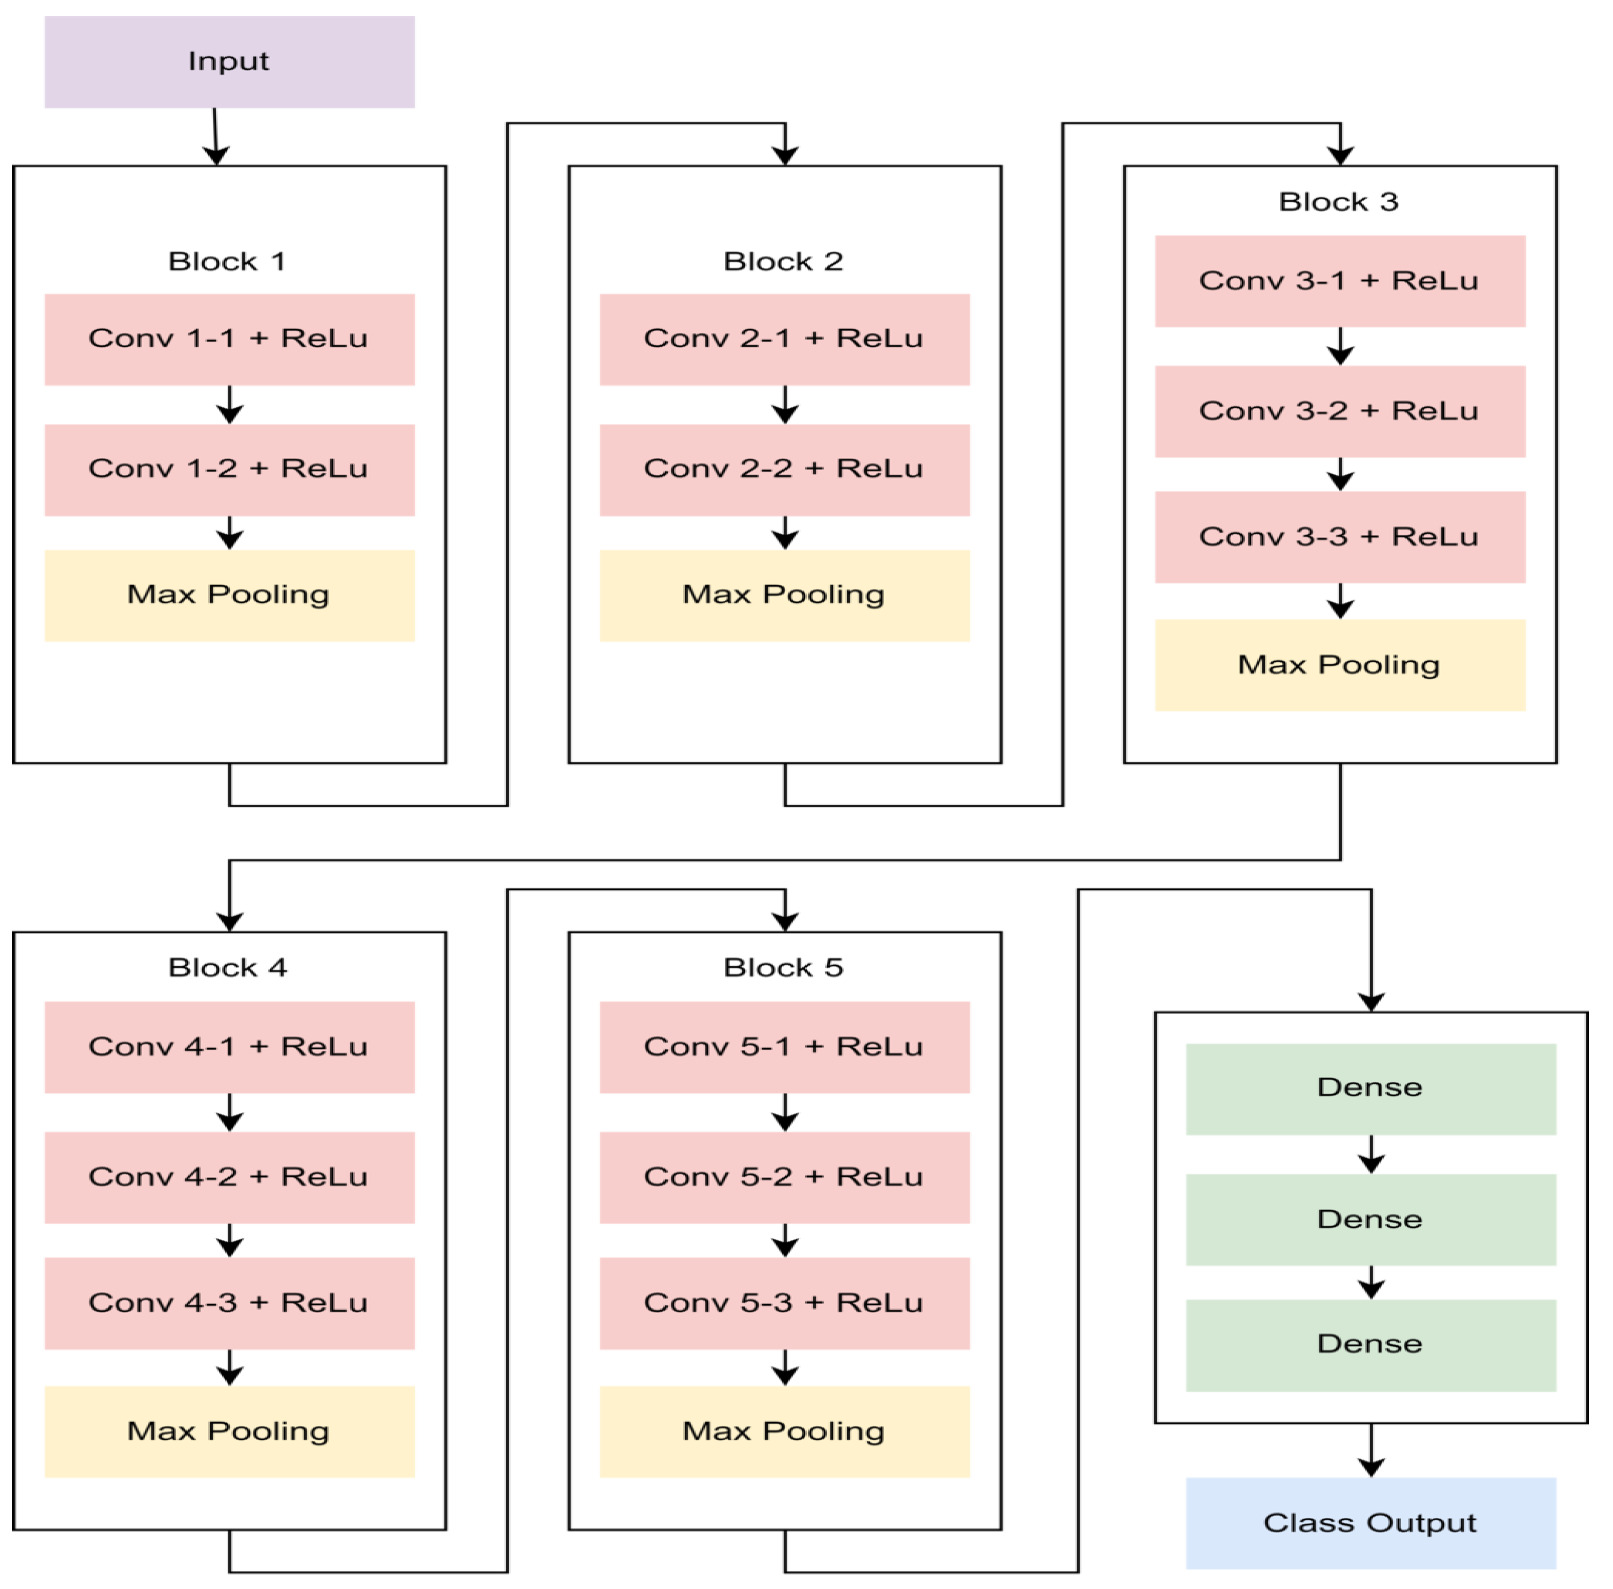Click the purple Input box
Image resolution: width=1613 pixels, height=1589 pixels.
pos(229,62)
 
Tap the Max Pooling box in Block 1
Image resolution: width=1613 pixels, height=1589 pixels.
pos(229,595)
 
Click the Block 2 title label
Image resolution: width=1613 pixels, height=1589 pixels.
pos(783,261)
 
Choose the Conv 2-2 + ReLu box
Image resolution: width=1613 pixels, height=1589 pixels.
pos(784,469)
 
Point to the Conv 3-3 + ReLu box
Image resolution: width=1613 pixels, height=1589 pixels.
pos(1339,537)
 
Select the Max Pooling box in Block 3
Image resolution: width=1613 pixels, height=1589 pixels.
pos(1339,665)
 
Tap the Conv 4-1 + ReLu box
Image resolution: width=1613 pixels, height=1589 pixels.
pos(229,1047)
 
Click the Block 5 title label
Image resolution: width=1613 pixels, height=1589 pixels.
pos(783,967)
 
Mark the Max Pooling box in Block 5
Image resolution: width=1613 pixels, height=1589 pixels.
pos(784,1431)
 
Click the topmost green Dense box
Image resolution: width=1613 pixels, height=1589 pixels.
pos(1370,1088)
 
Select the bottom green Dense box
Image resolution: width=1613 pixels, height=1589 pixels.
pos(1370,1345)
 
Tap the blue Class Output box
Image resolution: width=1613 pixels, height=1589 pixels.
pos(1370,1523)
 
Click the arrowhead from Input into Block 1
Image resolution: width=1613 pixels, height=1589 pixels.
pos(216,155)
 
